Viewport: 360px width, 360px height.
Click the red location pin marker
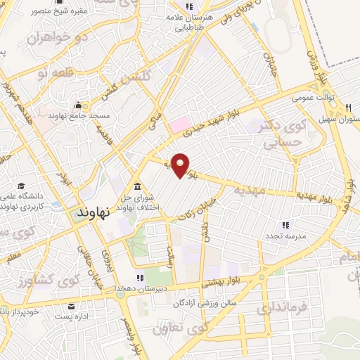pos(181,165)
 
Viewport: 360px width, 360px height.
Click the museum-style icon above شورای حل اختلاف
pos(136,186)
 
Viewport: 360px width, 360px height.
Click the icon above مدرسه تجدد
pos(285,225)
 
